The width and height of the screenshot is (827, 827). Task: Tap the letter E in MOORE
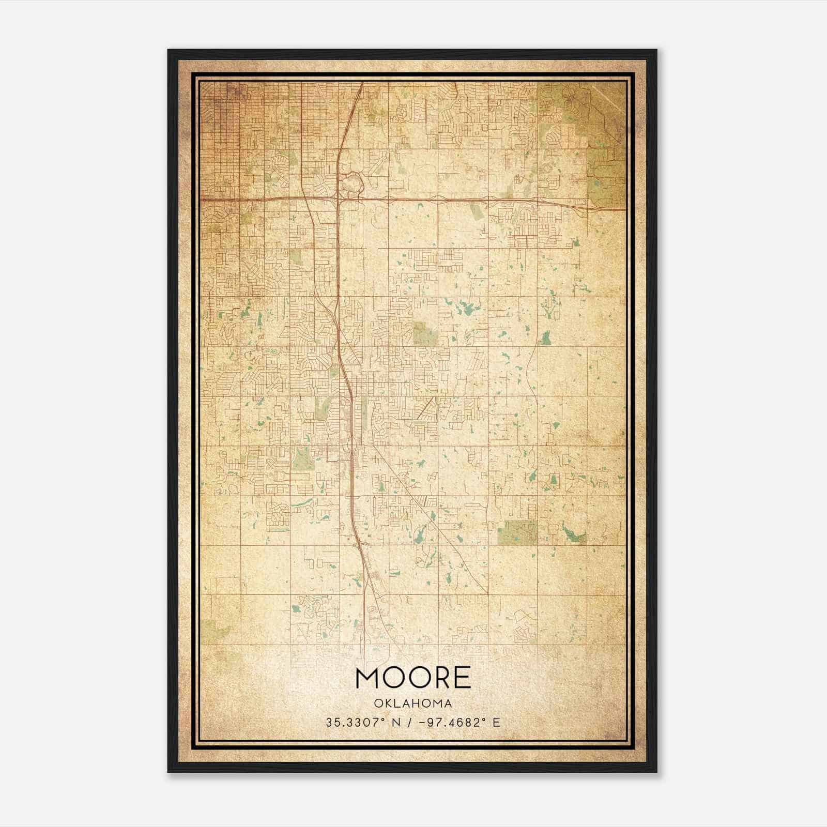click(463, 678)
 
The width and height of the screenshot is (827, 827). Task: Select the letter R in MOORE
click(441, 678)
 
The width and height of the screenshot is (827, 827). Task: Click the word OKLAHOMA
click(413, 703)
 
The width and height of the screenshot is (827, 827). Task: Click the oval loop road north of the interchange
click(352, 183)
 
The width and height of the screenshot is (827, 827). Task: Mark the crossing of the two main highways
click(339, 198)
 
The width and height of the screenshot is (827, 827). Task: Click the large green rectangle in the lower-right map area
click(517, 532)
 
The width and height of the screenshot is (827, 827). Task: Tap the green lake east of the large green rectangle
click(573, 534)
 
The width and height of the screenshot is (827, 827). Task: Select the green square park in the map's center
click(425, 334)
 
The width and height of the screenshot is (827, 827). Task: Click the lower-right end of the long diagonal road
click(486, 591)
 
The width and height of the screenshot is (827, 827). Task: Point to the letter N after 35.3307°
click(396, 723)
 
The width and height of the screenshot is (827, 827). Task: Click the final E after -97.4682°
click(497, 723)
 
